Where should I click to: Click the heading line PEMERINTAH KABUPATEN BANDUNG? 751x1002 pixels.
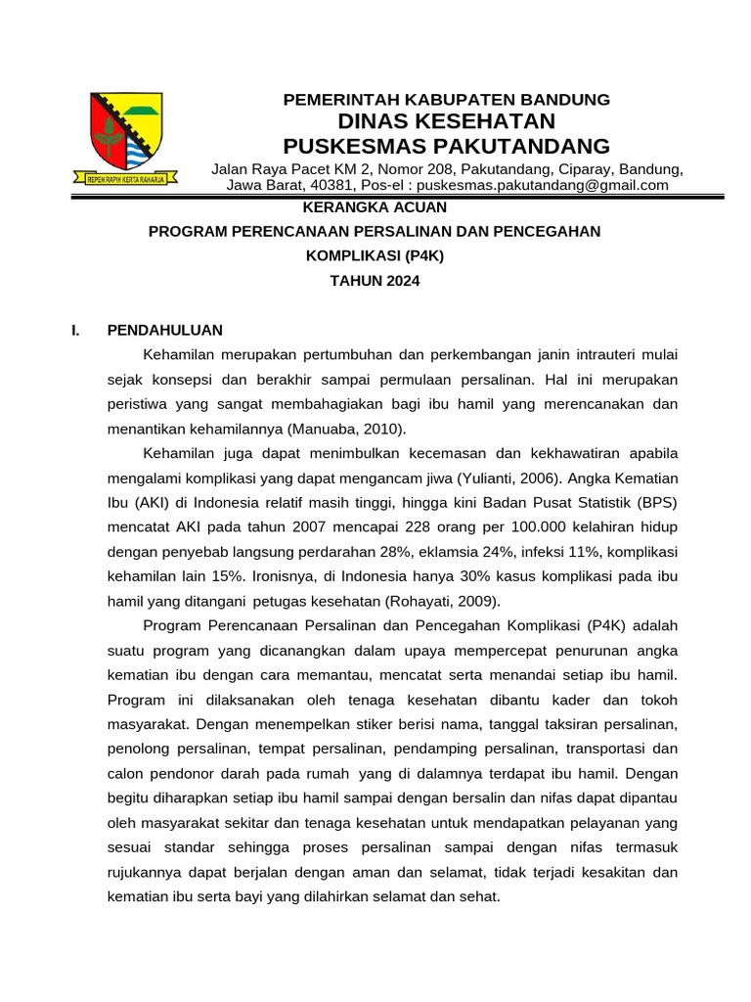pos(446,99)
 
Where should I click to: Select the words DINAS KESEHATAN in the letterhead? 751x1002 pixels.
pos(446,121)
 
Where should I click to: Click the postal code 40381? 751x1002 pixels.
pos(332,185)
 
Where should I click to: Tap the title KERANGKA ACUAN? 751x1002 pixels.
pos(375,206)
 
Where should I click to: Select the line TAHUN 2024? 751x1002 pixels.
pos(375,281)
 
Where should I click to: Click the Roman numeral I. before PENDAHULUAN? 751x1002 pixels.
pos(75,330)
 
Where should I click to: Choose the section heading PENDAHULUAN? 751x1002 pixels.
pos(165,330)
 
